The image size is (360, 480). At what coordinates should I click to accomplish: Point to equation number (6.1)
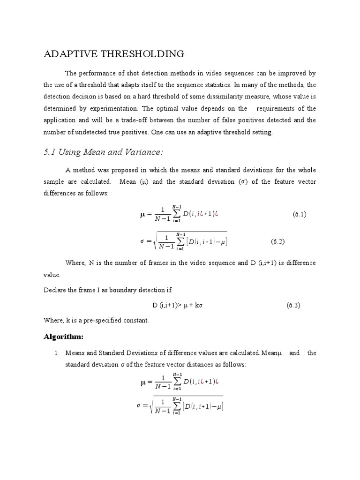tap(300, 214)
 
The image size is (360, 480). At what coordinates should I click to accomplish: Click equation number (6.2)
tap(277, 241)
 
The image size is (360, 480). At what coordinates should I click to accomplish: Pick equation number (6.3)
tap(293, 305)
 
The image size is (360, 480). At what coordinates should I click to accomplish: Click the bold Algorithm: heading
tap(63, 337)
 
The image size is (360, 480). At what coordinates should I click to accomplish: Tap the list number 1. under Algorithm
tap(57, 353)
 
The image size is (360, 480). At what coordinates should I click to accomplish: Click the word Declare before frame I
tap(55, 290)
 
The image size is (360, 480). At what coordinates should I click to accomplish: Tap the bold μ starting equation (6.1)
tap(143, 215)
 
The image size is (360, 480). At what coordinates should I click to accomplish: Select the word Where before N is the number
tap(75, 263)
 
